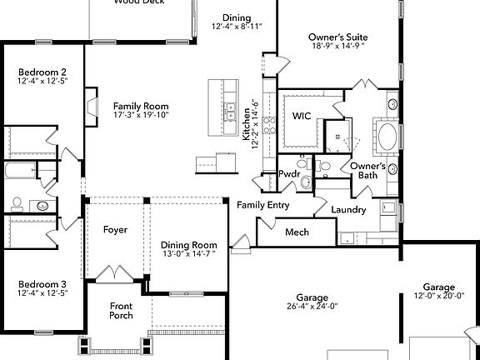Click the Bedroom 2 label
pos(42,72)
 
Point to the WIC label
pos(301,116)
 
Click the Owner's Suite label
pos(338,37)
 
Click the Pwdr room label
pos(288,174)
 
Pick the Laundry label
pos(348,210)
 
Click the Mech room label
pos(297,232)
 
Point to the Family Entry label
pos(262,205)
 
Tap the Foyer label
pos(115,229)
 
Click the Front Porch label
pos(122,311)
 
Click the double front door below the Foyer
pos(110,273)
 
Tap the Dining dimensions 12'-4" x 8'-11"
pos(236,27)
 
